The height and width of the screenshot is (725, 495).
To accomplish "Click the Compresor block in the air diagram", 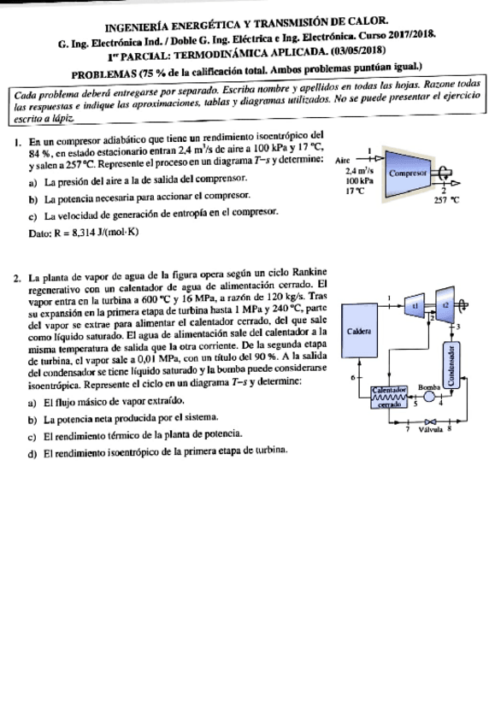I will [x=408, y=172].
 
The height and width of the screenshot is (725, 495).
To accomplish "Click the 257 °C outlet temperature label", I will [x=446, y=199].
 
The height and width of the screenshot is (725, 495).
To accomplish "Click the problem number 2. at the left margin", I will [x=18, y=277].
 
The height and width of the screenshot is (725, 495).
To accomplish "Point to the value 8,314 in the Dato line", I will [x=80, y=233].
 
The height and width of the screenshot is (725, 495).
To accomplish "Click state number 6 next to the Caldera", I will [x=342, y=376].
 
